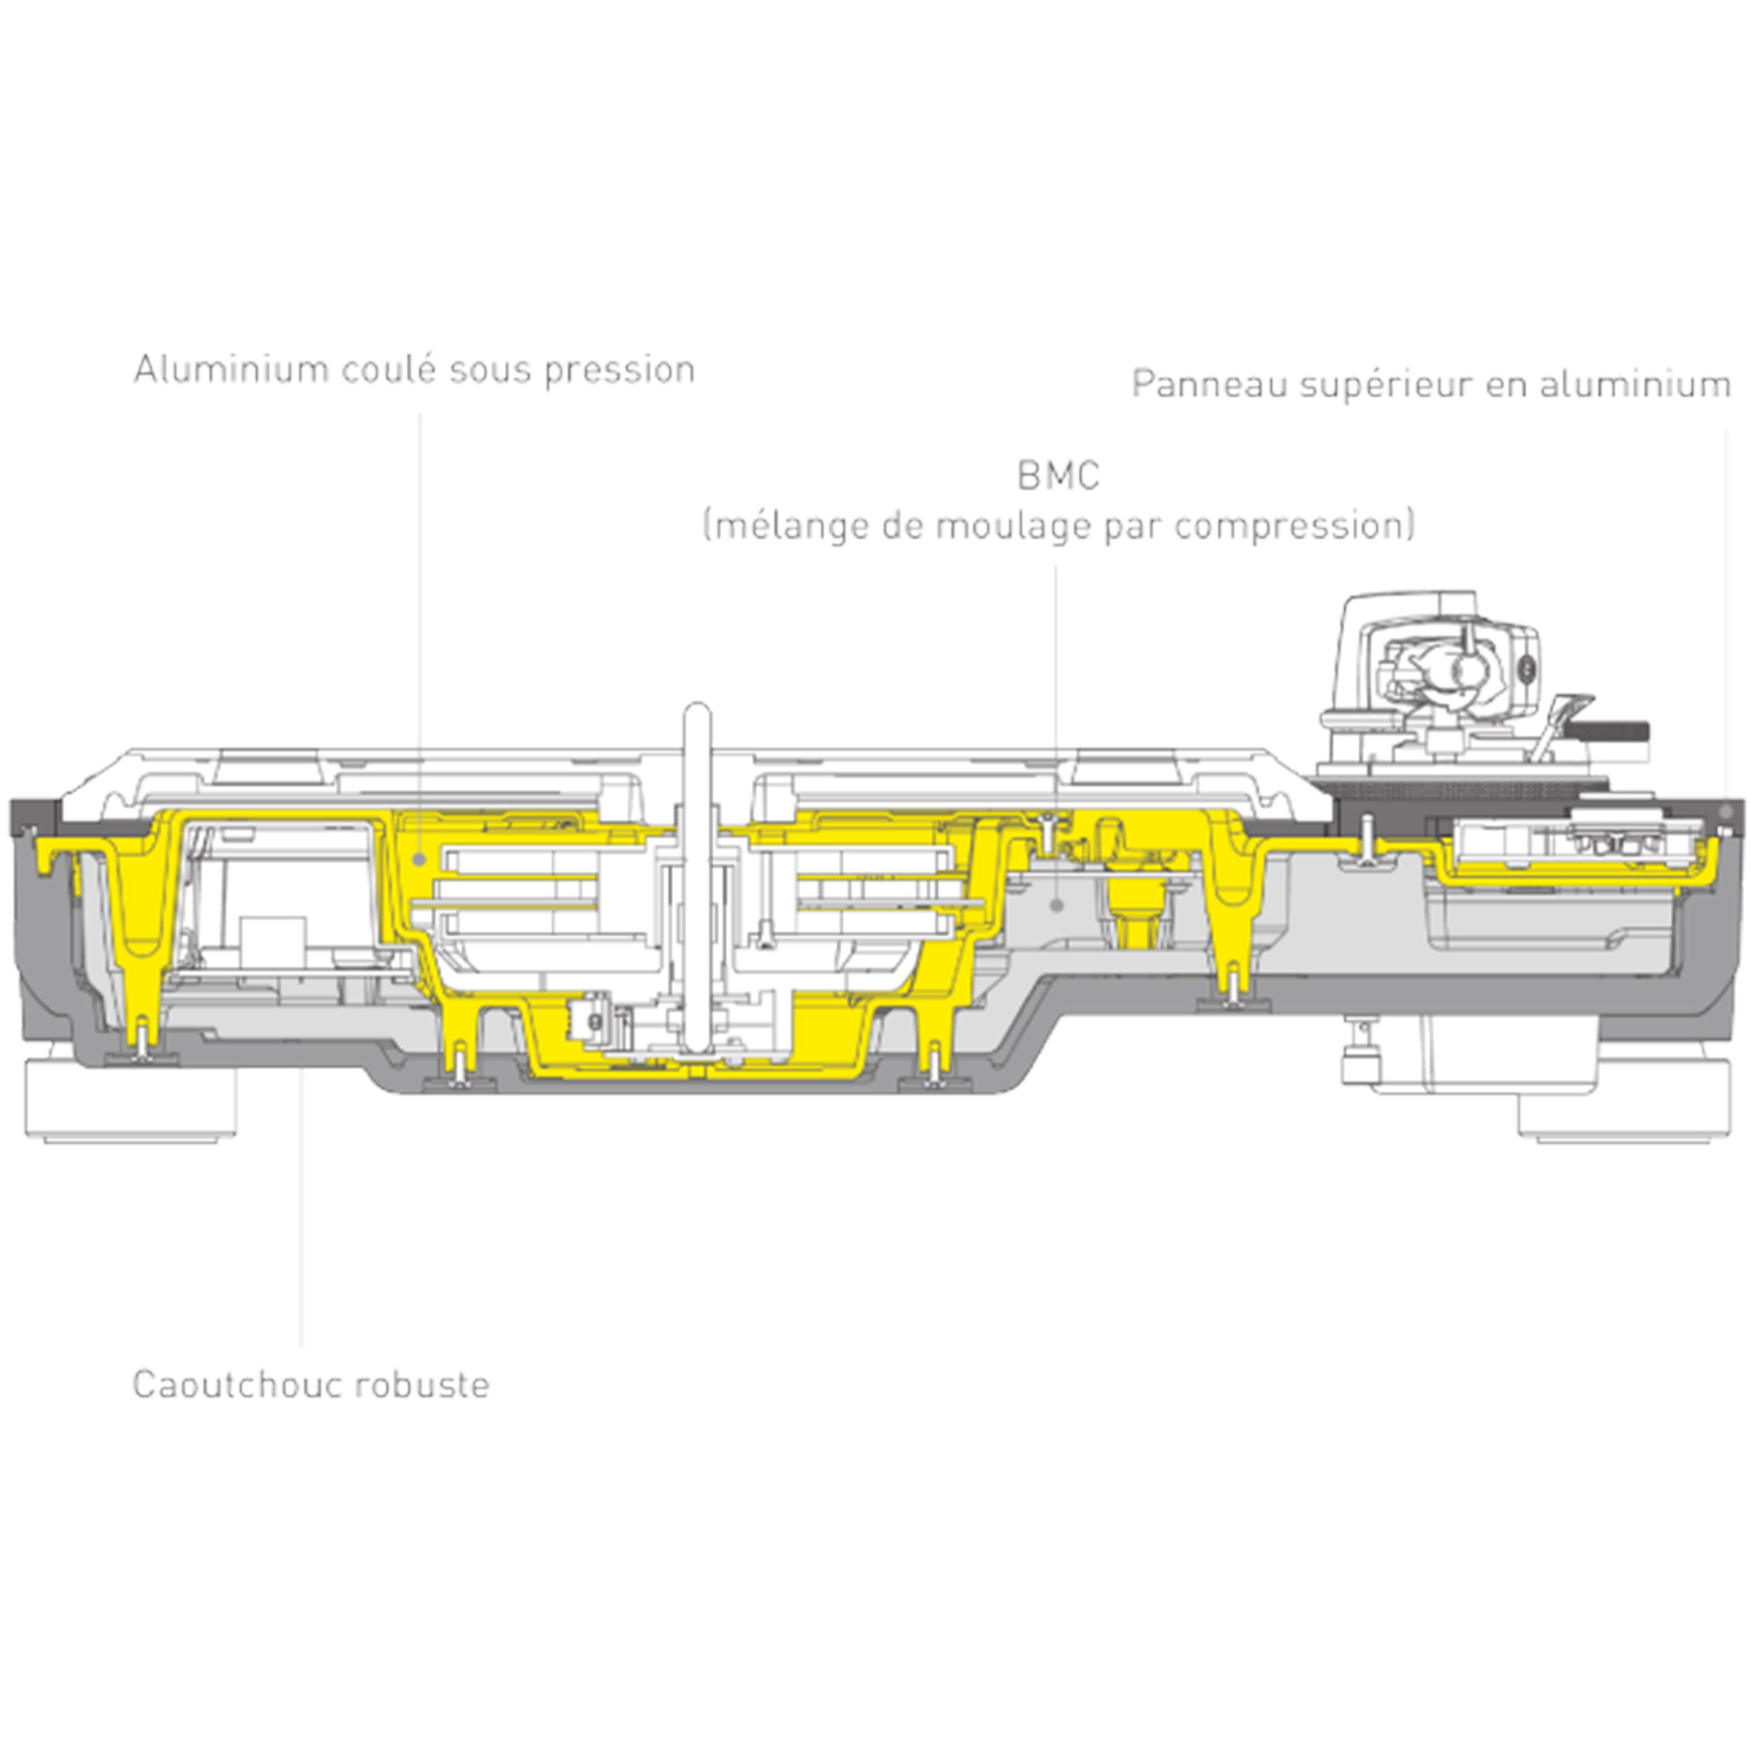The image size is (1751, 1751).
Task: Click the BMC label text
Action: pos(1058,476)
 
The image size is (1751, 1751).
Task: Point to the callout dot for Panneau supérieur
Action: pos(1726,811)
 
